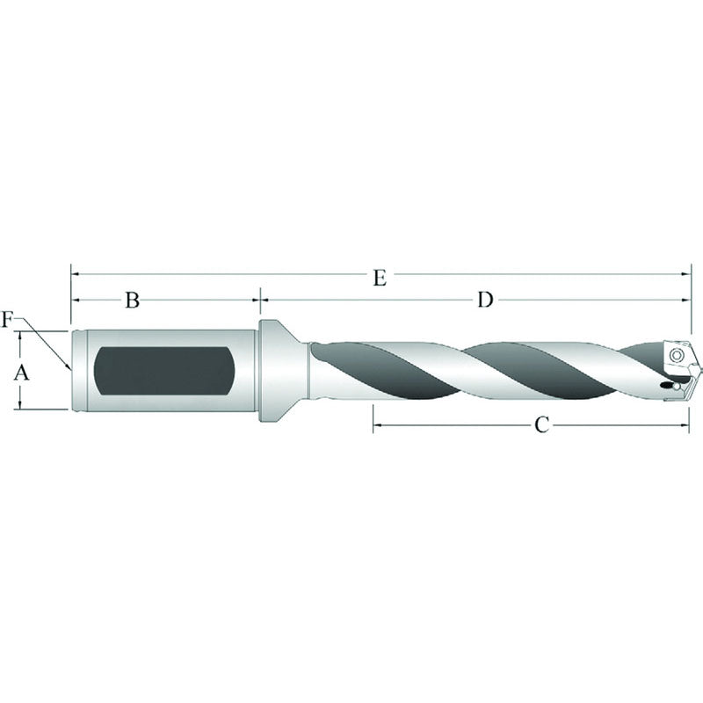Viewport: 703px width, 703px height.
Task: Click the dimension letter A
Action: tap(23, 373)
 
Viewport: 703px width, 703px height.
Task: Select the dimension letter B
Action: tap(132, 301)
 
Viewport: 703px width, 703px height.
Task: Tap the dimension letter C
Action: tap(542, 425)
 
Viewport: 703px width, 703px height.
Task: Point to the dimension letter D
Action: tap(484, 301)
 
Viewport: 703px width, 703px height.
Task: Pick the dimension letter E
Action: tap(379, 279)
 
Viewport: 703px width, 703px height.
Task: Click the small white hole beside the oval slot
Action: tap(684, 384)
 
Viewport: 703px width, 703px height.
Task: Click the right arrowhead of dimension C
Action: tap(686, 425)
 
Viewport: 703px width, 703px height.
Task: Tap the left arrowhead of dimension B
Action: tap(76, 300)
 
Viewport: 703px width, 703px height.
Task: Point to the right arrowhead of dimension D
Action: tap(687, 300)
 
